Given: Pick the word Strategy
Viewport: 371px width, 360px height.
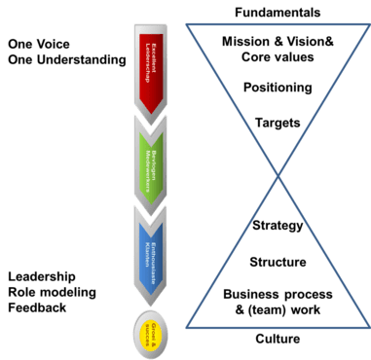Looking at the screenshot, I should pyautogui.click(x=277, y=226).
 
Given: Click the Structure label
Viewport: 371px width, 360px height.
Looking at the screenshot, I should pyautogui.click(x=277, y=261).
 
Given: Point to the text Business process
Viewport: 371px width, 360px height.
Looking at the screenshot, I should pyautogui.click(x=277, y=293).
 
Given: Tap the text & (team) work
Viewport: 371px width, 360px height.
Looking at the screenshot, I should pyautogui.click(x=277, y=308).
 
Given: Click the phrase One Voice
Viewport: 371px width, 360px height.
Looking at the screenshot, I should pyautogui.click(x=37, y=44).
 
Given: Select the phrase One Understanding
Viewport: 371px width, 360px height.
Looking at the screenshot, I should pyautogui.click(x=67, y=60).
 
